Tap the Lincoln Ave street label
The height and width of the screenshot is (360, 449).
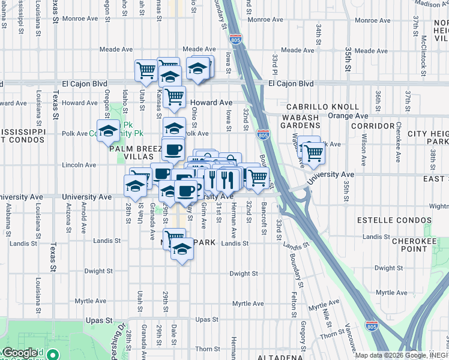[79, 165]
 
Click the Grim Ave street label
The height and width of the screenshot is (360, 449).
[203, 215]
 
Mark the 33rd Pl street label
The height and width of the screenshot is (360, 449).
[274, 62]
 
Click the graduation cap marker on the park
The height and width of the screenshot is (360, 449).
[109, 131]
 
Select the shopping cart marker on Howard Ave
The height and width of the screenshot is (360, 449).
[174, 95]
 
